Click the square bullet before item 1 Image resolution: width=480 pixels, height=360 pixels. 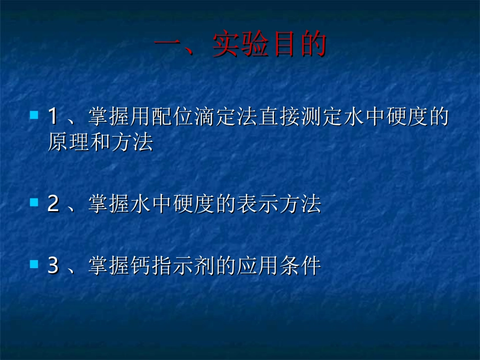click(34, 116)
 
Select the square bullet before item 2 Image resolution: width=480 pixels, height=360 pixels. click(34, 202)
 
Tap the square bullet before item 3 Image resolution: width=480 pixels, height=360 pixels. click(34, 264)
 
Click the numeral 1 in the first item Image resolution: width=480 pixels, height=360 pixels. click(53, 117)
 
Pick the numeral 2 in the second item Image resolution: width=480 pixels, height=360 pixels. click(53, 204)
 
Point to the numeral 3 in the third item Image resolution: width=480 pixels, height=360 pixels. click(53, 266)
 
